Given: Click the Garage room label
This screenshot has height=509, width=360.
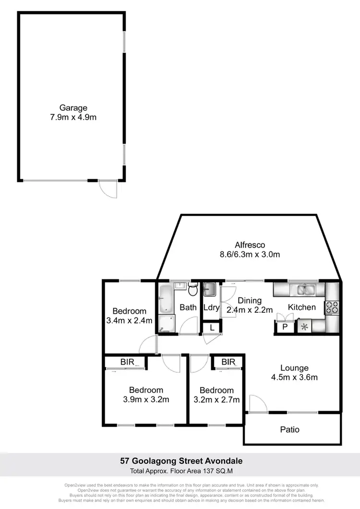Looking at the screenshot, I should (x=73, y=108).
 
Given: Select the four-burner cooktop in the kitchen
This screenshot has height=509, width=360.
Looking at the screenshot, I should (x=332, y=307).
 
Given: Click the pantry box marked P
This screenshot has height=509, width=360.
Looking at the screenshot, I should (x=284, y=327).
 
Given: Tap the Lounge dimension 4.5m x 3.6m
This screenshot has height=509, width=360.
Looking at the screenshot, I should (x=294, y=377).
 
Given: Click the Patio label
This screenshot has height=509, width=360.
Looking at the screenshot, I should (x=290, y=429).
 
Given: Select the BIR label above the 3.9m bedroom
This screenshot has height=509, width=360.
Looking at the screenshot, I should (x=127, y=362).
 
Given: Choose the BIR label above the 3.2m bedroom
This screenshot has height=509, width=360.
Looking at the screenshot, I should (x=228, y=362).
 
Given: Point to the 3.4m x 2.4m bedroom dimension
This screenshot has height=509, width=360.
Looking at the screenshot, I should (x=129, y=320).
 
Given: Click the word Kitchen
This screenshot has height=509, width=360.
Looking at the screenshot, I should (x=301, y=307).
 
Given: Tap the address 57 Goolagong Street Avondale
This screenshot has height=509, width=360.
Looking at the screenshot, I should (x=181, y=461).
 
